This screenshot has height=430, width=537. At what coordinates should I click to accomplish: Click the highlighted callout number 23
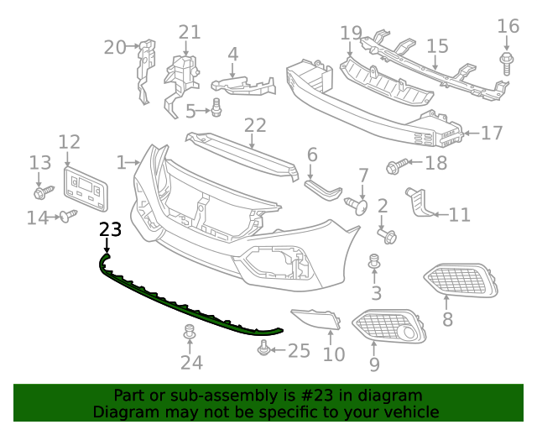[110, 229]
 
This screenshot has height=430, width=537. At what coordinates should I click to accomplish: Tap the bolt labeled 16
[508, 59]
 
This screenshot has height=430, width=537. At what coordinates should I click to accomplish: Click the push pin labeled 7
[358, 204]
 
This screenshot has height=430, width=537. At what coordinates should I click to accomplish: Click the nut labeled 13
[40, 192]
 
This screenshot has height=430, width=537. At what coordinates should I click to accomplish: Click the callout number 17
[490, 133]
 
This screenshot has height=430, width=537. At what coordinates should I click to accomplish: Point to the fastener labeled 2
[388, 235]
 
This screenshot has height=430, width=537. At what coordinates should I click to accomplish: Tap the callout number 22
[255, 126]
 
